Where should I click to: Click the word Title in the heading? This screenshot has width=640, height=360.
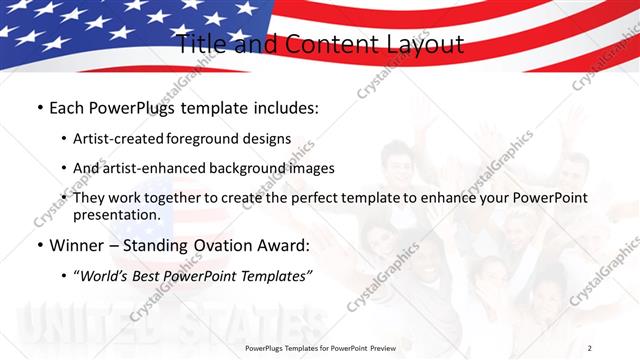pos(200,45)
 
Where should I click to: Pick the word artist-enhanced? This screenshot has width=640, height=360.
pos(150,168)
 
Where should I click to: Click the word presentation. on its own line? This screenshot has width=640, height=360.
pos(116,215)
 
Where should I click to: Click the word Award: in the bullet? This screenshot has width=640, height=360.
pos(284,246)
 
